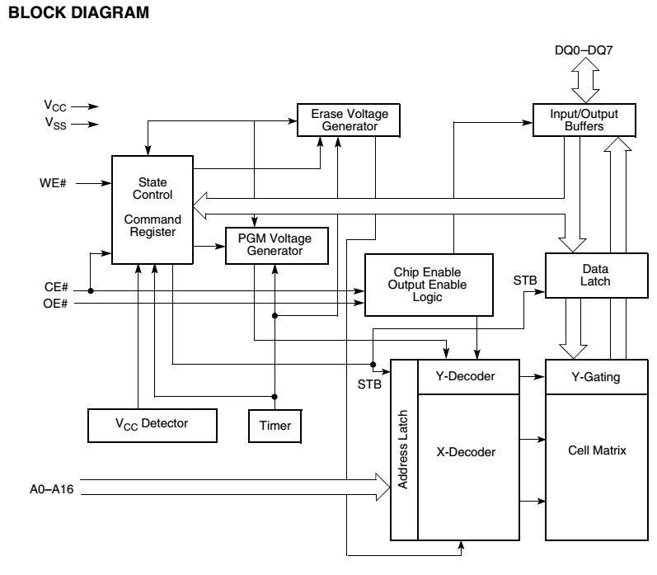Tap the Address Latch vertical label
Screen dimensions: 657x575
click(402, 449)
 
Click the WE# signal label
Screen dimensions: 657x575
click(53, 183)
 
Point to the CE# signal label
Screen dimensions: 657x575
click(56, 287)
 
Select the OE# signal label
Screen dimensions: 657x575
click(55, 304)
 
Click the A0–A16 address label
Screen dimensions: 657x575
click(52, 489)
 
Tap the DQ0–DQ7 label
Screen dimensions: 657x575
click(584, 50)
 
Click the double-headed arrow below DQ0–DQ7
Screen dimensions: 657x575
click(585, 80)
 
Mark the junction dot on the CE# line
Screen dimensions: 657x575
click(91, 290)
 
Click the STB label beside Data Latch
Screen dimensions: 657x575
click(525, 280)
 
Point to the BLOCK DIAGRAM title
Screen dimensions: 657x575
click(79, 12)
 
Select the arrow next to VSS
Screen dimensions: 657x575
click(85, 124)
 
